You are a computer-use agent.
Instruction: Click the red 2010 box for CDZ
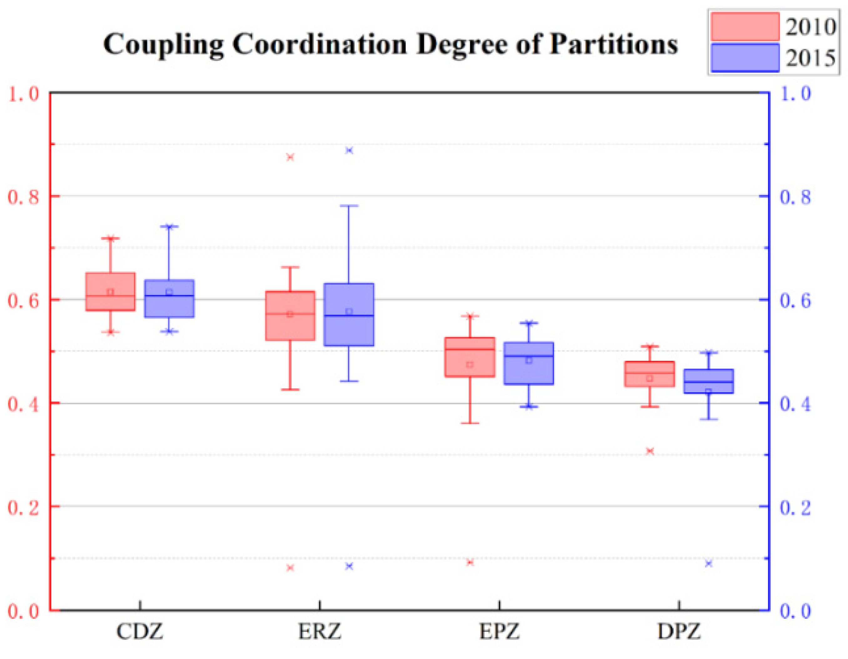[x=110, y=291]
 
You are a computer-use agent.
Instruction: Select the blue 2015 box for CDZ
[x=169, y=299]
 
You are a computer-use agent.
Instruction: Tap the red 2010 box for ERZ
[x=290, y=315]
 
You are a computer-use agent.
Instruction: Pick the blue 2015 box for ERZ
[x=349, y=314]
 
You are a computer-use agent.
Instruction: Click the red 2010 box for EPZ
[x=470, y=357]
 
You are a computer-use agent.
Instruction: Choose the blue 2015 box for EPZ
[x=529, y=363]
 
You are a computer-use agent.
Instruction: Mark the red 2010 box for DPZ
[x=649, y=374]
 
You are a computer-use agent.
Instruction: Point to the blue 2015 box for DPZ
[x=709, y=381]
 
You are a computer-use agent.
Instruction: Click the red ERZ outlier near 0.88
[x=290, y=157]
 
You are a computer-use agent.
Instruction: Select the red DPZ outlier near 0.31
[x=649, y=451]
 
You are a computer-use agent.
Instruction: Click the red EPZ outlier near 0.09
[x=470, y=562]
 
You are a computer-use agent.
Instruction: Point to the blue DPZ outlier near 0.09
[x=709, y=564]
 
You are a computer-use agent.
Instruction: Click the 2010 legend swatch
[x=745, y=26]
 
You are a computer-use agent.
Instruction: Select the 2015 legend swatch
[x=745, y=58]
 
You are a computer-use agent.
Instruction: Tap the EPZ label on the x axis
[x=499, y=631]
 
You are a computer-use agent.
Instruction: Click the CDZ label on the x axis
[x=140, y=631]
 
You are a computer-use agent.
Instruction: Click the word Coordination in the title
[x=320, y=44]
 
